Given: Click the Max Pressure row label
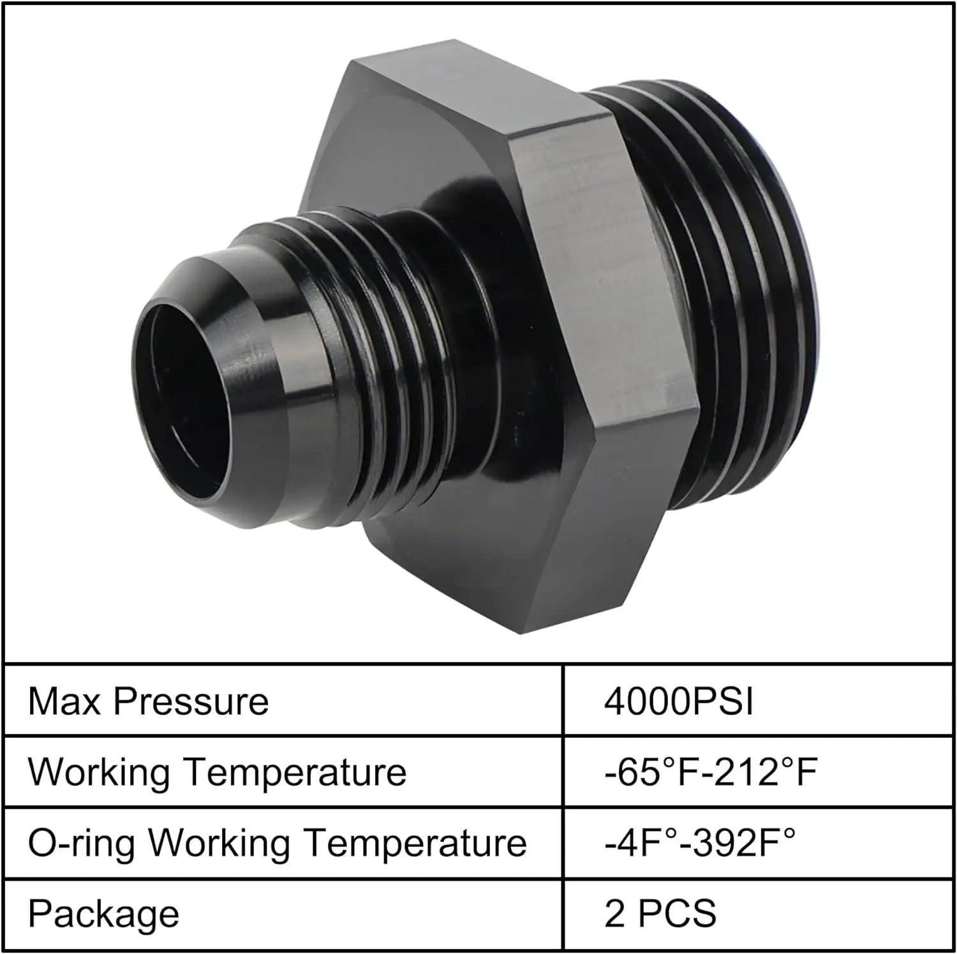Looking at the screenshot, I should click(148, 701).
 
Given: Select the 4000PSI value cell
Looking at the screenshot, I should click(679, 701).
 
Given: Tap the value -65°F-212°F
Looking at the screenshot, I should click(711, 772).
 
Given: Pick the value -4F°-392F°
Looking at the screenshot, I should click(700, 843).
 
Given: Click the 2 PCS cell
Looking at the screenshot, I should click(660, 914).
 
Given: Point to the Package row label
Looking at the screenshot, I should click(103, 914).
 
